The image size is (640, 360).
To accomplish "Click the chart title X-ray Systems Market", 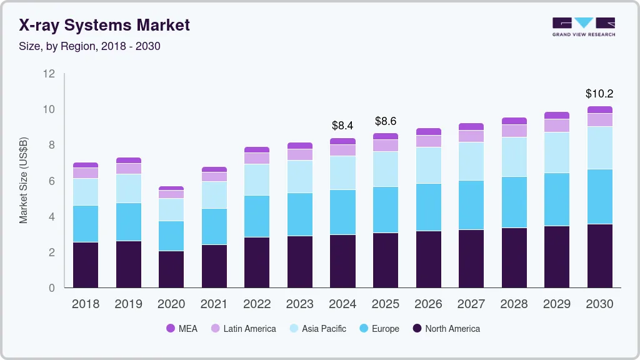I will [x=104, y=26].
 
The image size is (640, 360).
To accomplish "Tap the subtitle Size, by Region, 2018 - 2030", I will [x=90, y=46].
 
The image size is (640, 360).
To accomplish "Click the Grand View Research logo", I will [x=583, y=26].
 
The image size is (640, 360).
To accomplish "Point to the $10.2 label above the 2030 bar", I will [x=599, y=94].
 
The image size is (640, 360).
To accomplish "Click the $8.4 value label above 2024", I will [x=342, y=126].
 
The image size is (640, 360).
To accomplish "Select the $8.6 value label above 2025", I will [x=386, y=121].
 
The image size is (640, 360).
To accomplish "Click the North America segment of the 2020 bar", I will [x=171, y=269].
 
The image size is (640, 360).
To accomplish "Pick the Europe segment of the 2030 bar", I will [x=600, y=196].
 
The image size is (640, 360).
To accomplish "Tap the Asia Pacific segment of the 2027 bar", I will [x=471, y=161].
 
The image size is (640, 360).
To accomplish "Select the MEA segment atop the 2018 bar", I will [x=86, y=165].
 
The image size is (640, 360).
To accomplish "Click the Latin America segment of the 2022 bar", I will [x=257, y=158].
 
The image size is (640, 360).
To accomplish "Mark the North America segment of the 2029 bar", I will [x=557, y=256].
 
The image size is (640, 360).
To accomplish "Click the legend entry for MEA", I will [x=181, y=329].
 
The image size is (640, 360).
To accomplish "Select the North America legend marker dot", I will [x=417, y=329].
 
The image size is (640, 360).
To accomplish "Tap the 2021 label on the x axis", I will [x=214, y=304].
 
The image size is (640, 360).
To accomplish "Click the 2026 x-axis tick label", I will [x=429, y=304].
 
